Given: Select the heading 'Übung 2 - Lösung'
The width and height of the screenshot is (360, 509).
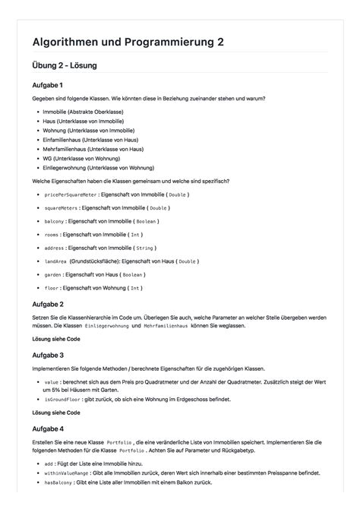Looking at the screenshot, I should tap(65, 66).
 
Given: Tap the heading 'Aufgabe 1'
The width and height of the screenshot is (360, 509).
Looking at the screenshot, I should tap(48, 85).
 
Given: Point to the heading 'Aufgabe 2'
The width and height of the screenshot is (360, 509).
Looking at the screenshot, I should tap(48, 304).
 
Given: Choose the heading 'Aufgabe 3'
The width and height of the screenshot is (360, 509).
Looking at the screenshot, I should tap(48, 355).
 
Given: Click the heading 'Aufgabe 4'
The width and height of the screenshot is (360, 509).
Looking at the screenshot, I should tap(48, 428).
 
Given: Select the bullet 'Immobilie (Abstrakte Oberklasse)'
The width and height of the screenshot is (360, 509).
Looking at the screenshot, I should tap(83, 112).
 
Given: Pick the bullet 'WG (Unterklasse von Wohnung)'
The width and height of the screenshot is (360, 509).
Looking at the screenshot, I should tap(80, 158).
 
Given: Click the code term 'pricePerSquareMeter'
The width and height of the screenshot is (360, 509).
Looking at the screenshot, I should tap(65, 194).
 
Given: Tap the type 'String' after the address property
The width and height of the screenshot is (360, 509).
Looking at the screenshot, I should tap(145, 248).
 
